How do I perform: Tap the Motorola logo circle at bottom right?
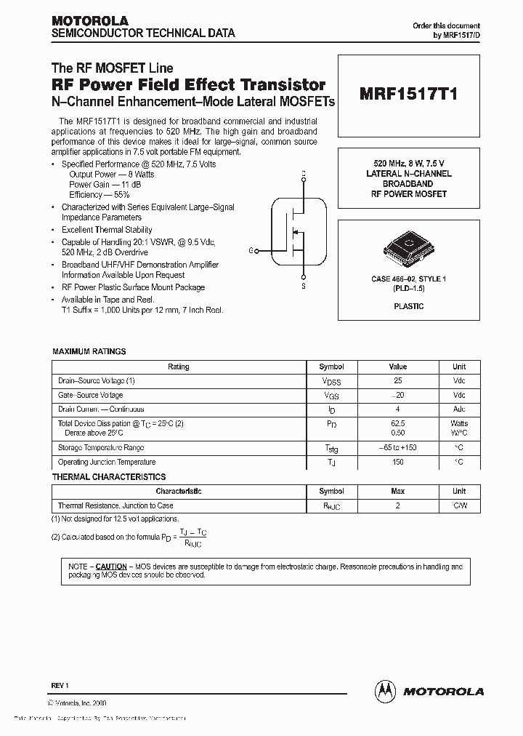(x=385, y=690)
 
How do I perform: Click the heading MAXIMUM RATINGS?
(x=89, y=351)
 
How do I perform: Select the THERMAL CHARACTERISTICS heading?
(x=109, y=477)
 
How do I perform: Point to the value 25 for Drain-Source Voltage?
(x=397, y=381)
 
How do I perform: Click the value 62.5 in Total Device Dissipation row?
(x=397, y=423)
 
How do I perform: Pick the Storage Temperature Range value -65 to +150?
(x=397, y=448)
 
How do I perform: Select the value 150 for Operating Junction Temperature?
(x=397, y=462)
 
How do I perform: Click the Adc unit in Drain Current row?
(x=459, y=409)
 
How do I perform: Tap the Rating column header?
(x=179, y=367)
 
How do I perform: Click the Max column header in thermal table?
(x=397, y=492)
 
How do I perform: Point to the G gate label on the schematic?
(x=251, y=250)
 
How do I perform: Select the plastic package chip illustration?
(x=408, y=249)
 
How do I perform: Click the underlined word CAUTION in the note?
(x=111, y=566)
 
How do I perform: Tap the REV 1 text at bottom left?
(x=60, y=686)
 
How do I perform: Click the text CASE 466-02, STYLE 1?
(x=408, y=279)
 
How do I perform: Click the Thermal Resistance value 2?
(x=397, y=505)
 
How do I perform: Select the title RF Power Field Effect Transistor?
(x=188, y=86)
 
